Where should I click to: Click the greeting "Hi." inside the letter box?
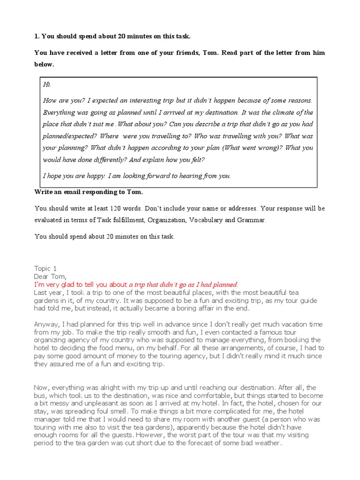47,85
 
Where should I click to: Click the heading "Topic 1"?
45,269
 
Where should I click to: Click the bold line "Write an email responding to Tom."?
89,192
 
